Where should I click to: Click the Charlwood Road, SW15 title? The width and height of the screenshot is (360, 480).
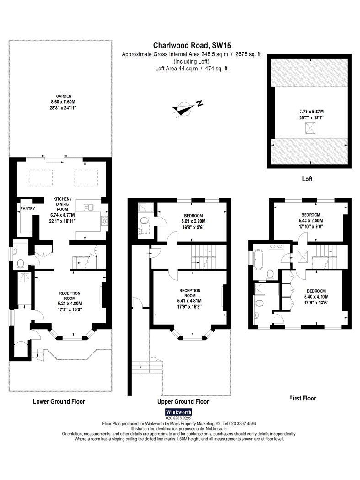pyautogui.click(x=192, y=46)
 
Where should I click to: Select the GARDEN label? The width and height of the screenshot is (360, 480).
pyautogui.click(x=64, y=96)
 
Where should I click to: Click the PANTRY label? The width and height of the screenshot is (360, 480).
pyautogui.click(x=27, y=209)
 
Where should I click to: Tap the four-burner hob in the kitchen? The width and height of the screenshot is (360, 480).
pyautogui.click(x=104, y=221)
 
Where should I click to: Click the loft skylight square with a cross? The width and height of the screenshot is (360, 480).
pyautogui.click(x=310, y=128)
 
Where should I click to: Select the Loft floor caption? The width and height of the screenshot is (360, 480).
pyautogui.click(x=307, y=179)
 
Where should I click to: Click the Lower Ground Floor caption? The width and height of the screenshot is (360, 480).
pyautogui.click(x=59, y=402)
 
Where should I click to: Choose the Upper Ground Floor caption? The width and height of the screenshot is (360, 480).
pyautogui.click(x=183, y=402)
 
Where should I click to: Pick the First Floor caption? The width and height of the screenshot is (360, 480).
pyautogui.click(x=303, y=398)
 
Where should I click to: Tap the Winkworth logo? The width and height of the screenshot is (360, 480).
pyautogui.click(x=178, y=412)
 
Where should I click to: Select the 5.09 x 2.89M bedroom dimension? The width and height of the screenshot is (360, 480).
pyautogui.click(x=193, y=221)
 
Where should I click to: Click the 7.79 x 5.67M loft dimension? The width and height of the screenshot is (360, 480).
pyautogui.click(x=312, y=112)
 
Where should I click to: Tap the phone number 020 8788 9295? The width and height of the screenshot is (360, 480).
pyautogui.click(x=178, y=418)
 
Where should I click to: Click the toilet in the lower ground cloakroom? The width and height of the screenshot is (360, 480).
pyautogui.click(x=21, y=263)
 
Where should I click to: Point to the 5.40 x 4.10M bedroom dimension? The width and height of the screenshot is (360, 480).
pyautogui.click(x=317, y=297)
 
